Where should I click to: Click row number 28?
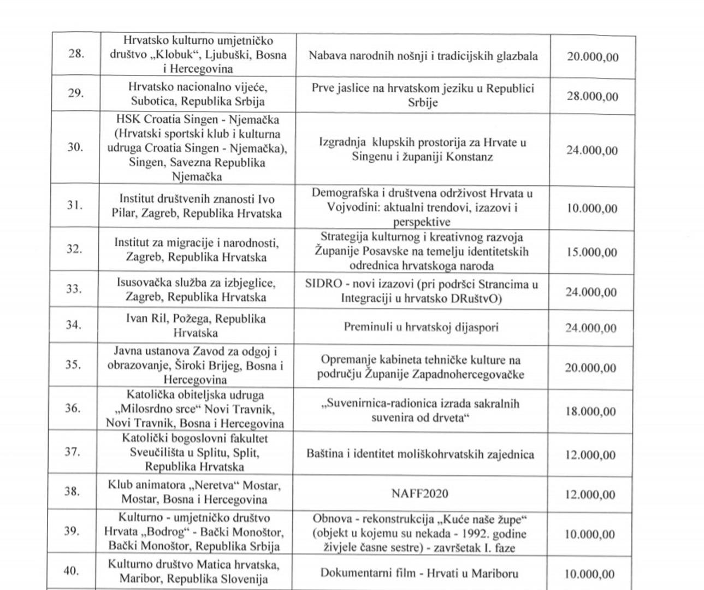(x=76, y=54)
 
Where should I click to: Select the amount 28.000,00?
(x=593, y=97)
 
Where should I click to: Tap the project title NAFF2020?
(x=420, y=494)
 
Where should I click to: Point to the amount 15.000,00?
(x=591, y=252)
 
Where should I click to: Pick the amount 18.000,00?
(x=590, y=411)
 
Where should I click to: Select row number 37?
(x=72, y=452)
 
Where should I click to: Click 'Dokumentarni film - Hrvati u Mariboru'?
(x=419, y=573)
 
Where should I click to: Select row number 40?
(x=71, y=571)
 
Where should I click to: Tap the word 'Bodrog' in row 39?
(x=162, y=532)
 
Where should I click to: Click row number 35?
(x=73, y=364)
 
